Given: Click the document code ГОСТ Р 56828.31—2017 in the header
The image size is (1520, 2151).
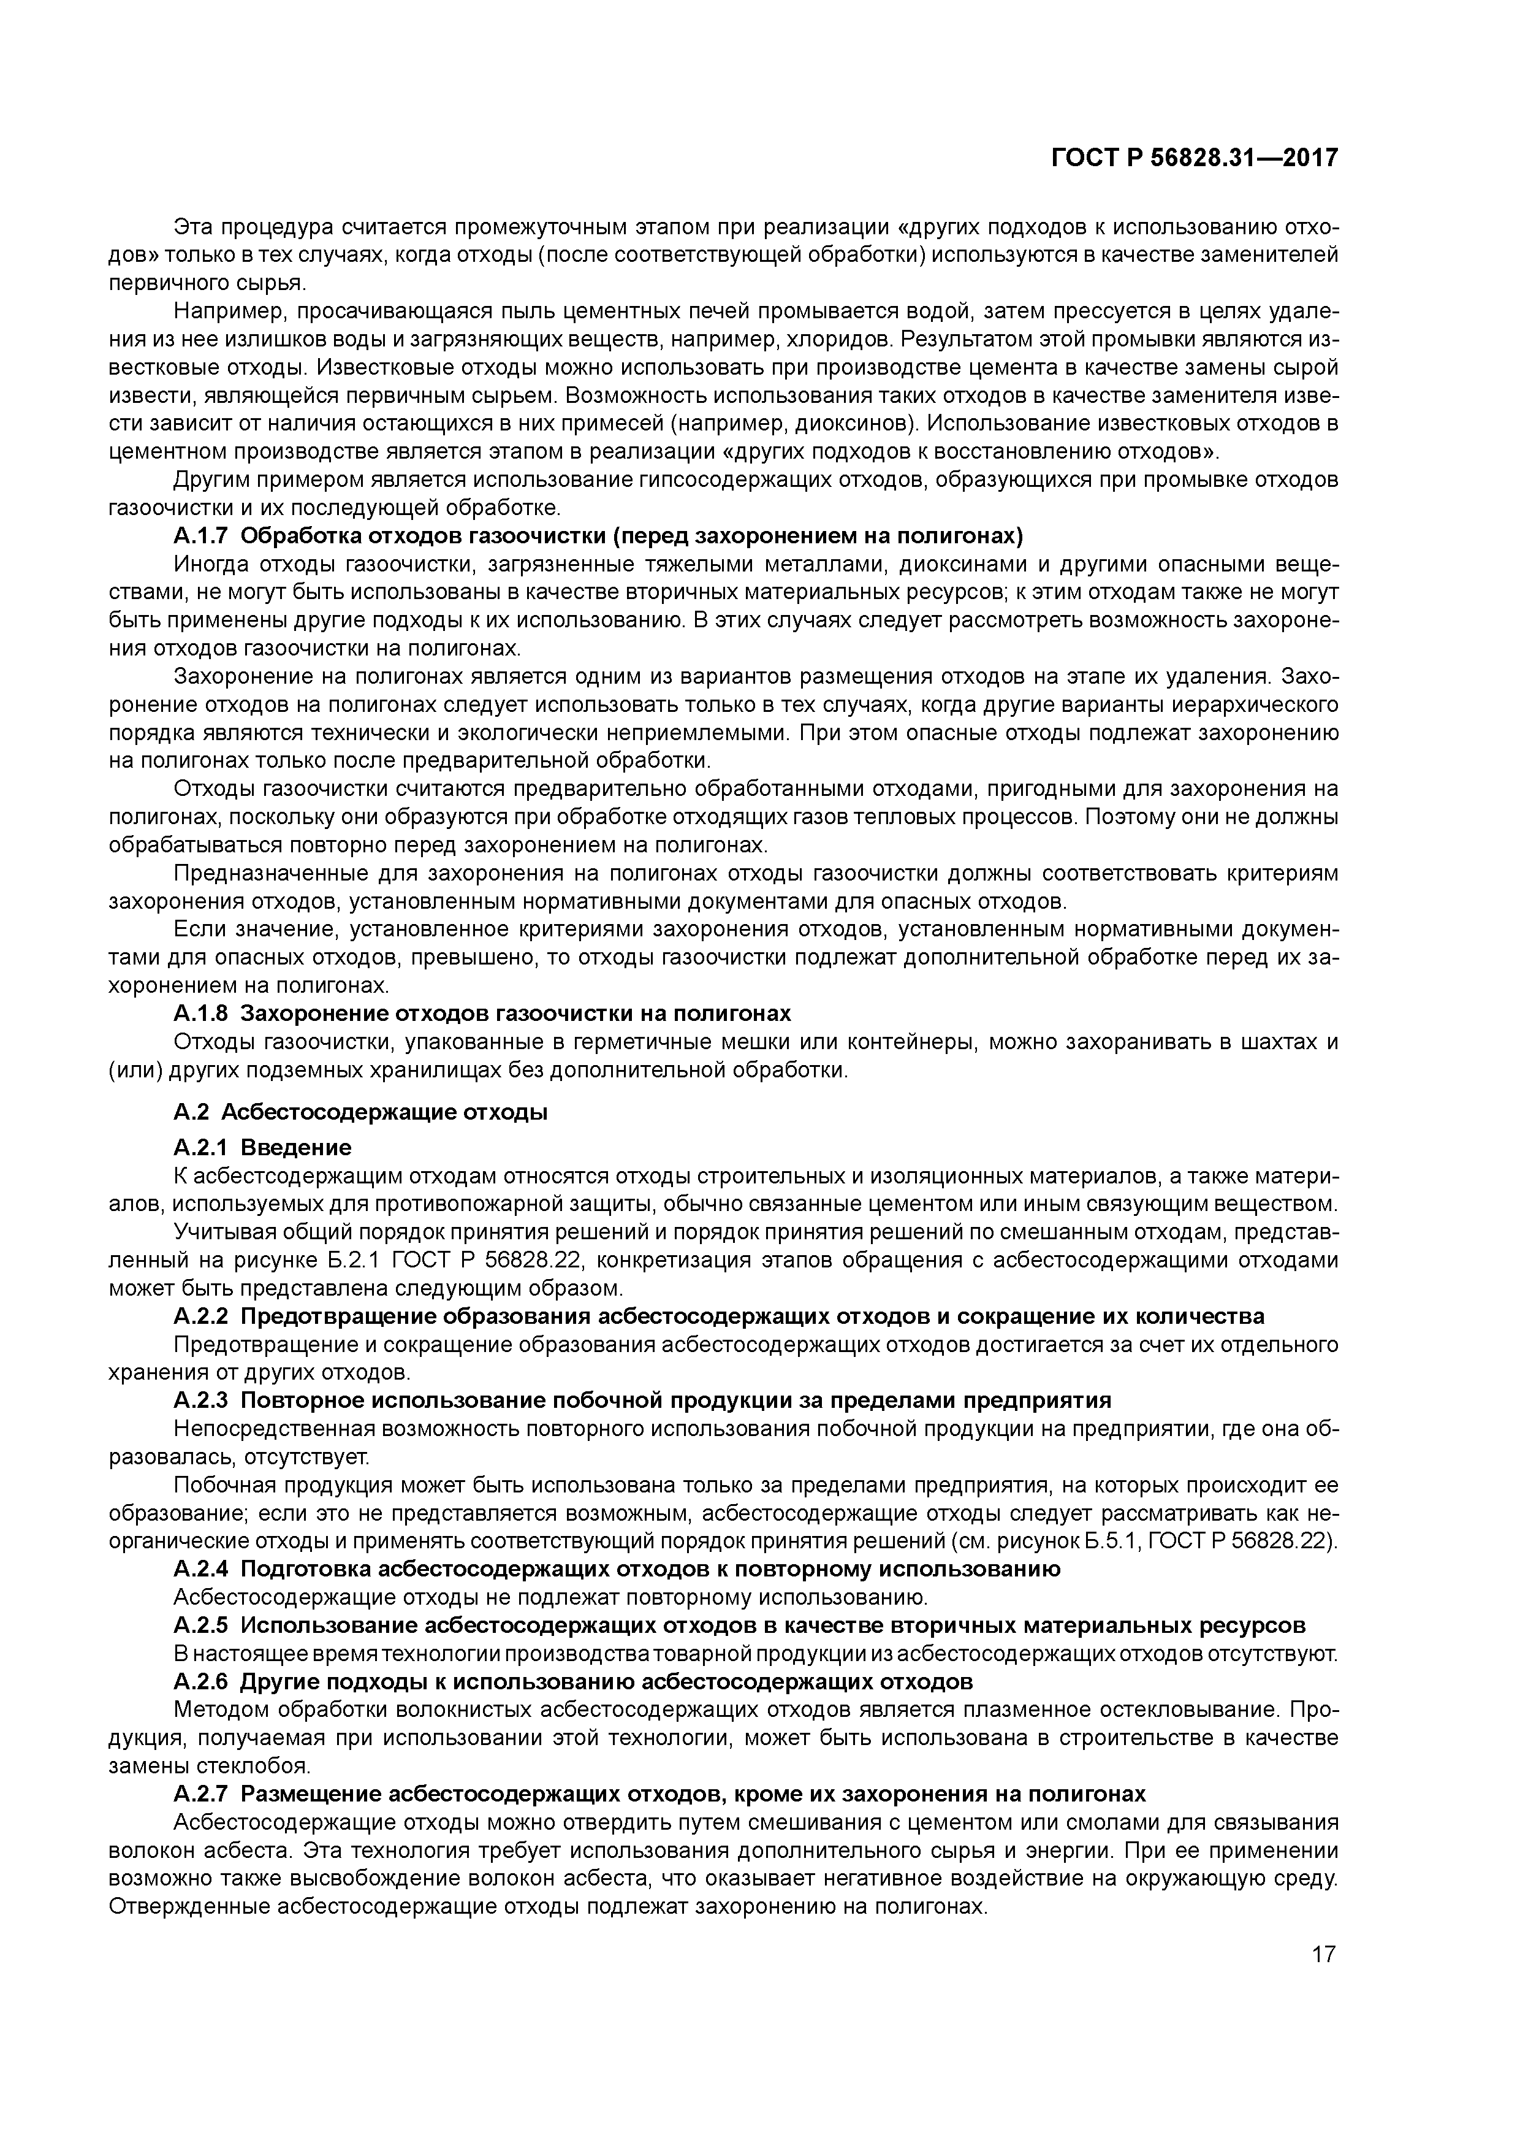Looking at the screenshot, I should [1193, 158].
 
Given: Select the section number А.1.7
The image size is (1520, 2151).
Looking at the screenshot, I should [202, 537].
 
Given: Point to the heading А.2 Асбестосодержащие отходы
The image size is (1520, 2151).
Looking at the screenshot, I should [360, 1112].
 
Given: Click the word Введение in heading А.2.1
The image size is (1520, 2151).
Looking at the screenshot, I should [296, 1148].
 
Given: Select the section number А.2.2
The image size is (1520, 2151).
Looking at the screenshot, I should [202, 1316].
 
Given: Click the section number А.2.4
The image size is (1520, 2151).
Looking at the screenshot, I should [202, 1569].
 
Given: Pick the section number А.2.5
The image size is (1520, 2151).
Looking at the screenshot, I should [202, 1626].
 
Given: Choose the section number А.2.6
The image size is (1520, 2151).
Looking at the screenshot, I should [202, 1682].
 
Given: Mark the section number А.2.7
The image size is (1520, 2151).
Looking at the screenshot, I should [202, 1794].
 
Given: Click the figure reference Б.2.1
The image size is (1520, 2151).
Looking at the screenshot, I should [355, 1260].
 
